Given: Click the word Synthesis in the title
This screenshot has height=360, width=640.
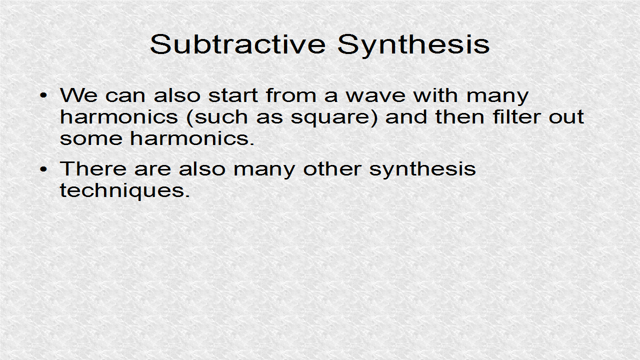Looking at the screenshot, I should (x=413, y=45).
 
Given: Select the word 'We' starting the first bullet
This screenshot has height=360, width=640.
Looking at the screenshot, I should (x=78, y=95).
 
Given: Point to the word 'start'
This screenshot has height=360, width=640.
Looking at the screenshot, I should (x=233, y=95).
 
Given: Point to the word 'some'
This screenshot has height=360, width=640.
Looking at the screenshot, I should (x=91, y=138).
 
